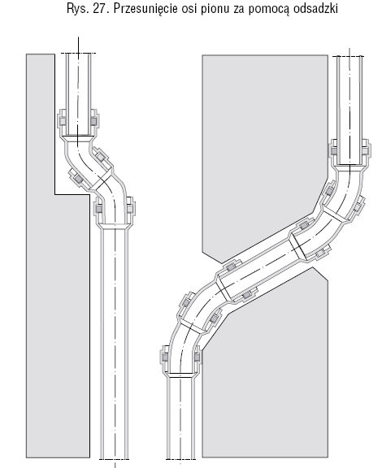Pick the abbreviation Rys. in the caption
(78, 10)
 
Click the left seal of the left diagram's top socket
(63, 121)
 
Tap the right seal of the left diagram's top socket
(93, 121)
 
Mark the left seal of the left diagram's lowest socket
(99, 208)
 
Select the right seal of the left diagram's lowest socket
(129, 208)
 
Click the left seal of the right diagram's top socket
(334, 151)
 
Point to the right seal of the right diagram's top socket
(365, 151)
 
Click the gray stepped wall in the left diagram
(57, 298)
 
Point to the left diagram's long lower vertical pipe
(115, 343)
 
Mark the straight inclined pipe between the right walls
(261, 266)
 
